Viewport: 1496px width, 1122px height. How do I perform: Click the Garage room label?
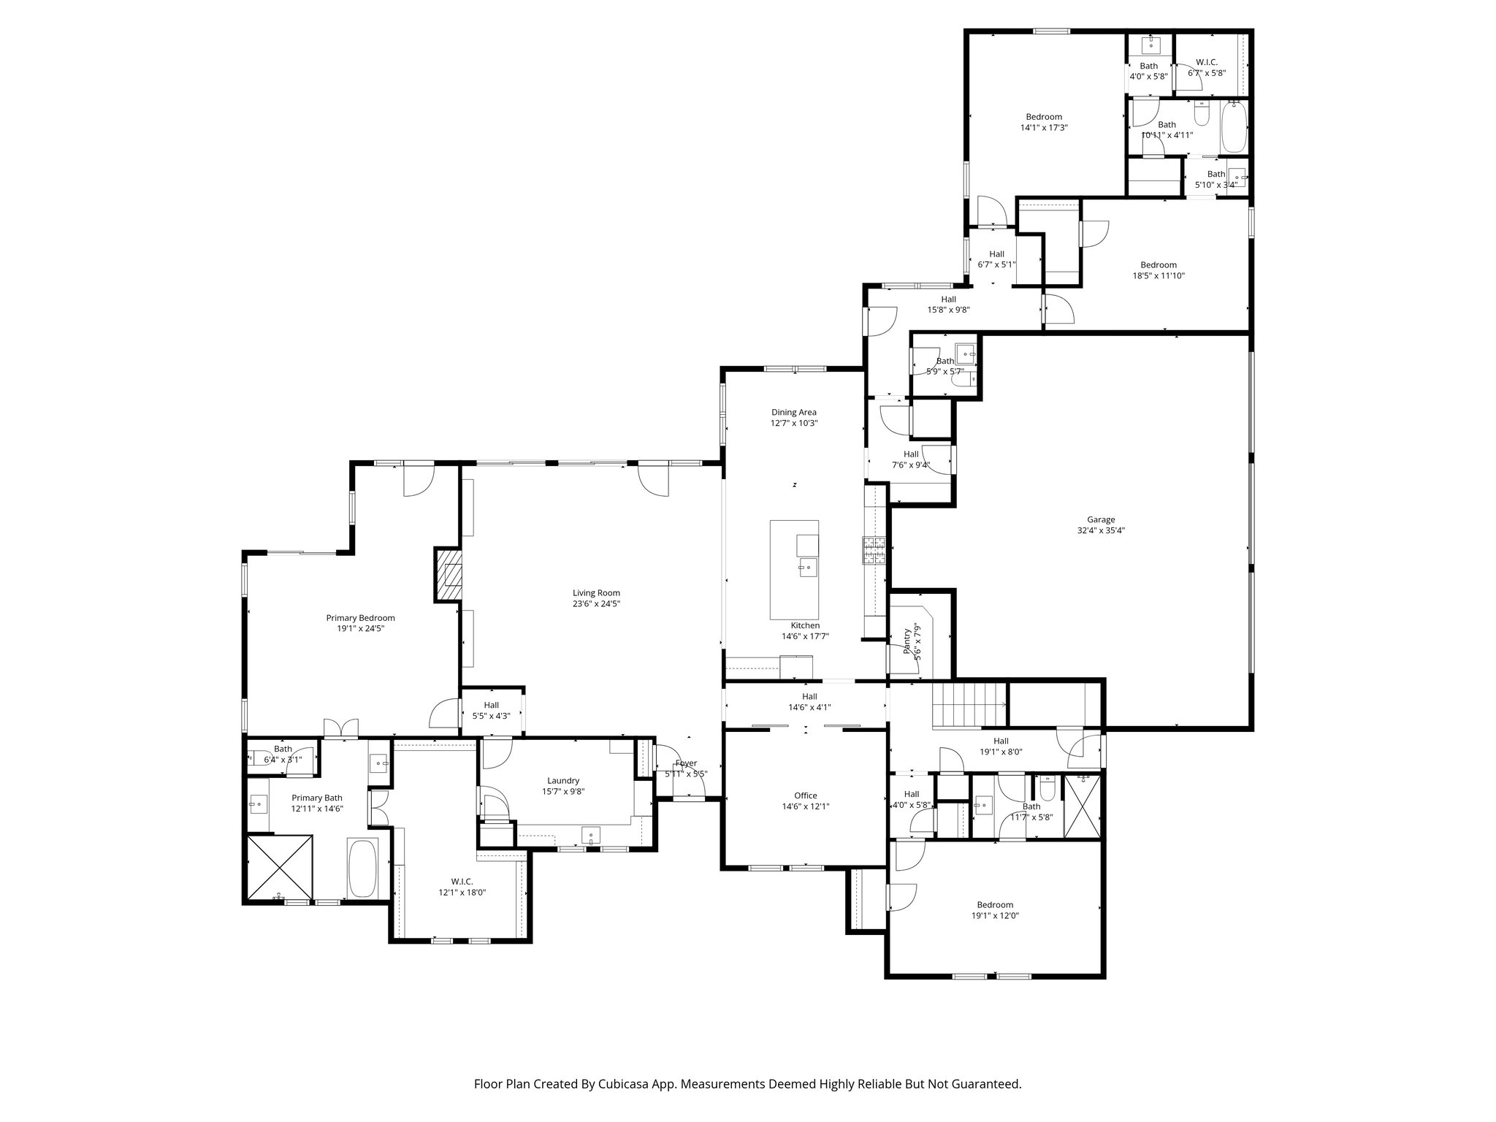[1100, 520]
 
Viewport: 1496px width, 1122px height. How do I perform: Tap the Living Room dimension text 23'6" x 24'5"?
[596, 604]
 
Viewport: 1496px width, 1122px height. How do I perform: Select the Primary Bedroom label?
[360, 618]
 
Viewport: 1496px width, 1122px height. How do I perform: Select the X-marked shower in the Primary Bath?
[280, 869]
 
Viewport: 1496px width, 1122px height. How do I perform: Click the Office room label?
[806, 795]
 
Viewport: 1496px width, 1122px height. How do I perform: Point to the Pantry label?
[908, 641]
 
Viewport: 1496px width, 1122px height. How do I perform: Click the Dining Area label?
[794, 412]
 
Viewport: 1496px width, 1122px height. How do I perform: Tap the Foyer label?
[686, 763]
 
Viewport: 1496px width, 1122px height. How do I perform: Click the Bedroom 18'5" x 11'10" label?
[1159, 265]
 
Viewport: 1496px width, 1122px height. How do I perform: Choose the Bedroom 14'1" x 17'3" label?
[1044, 117]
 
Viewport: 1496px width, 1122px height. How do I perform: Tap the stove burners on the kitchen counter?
[874, 551]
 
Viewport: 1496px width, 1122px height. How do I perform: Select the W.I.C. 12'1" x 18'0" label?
[462, 882]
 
